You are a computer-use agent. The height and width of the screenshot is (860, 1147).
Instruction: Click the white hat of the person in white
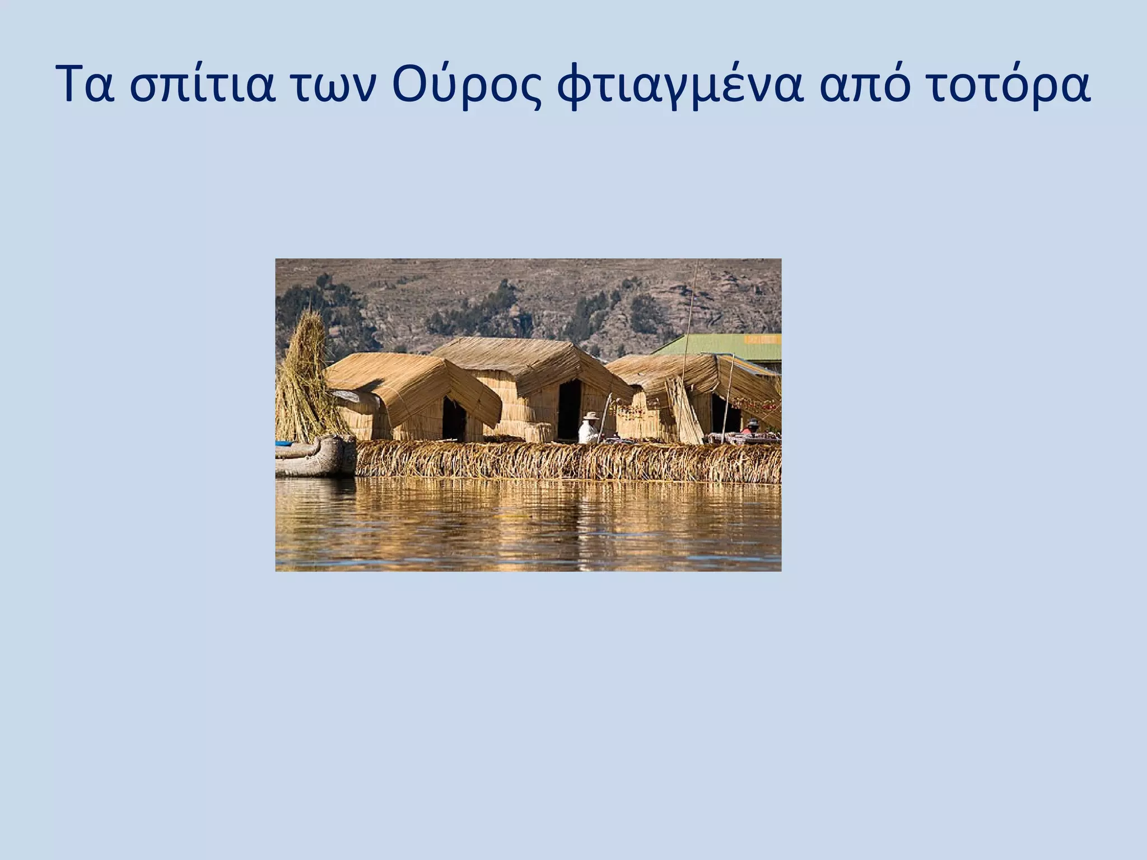tap(590, 415)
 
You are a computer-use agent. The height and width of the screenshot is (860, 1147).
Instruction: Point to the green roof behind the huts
tap(722, 347)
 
